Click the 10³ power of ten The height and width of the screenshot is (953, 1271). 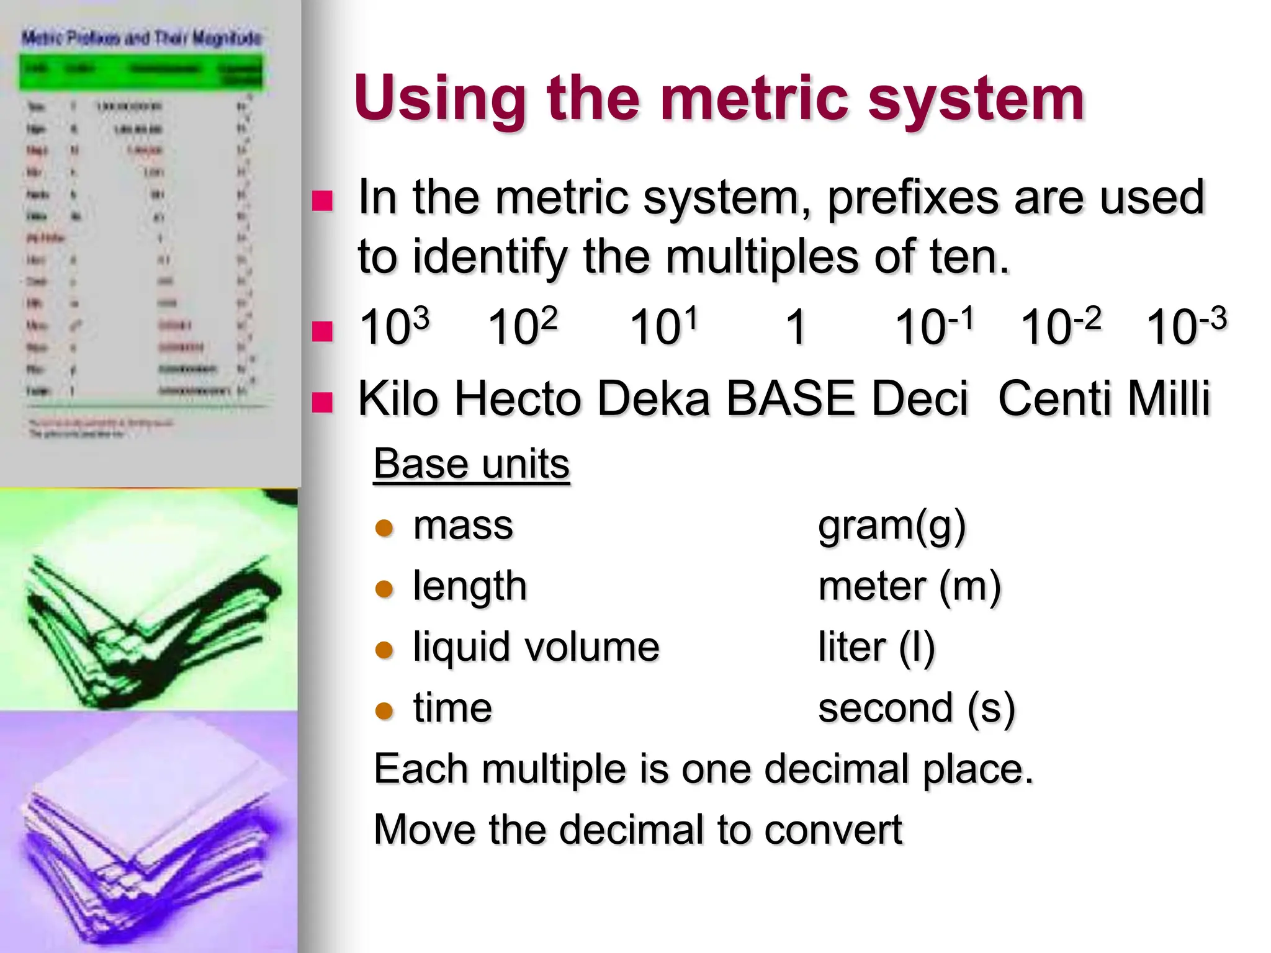click(x=395, y=327)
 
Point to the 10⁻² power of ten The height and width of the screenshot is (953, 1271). click(x=1061, y=327)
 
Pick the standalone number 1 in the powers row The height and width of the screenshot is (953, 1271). click(x=796, y=327)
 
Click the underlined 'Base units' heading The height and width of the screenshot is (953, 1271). click(x=471, y=463)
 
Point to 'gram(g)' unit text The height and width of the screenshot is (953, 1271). click(x=892, y=526)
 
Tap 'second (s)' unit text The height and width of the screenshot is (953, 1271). click(x=916, y=709)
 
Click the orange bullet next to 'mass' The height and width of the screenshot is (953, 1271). click(x=385, y=528)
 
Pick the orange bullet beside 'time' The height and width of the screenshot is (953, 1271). click(x=385, y=710)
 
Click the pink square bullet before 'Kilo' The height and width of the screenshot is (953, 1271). click(x=322, y=402)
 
